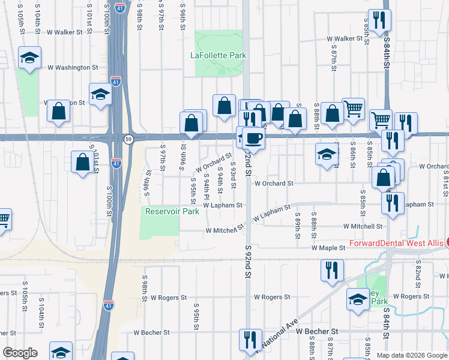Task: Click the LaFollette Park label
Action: (218, 56)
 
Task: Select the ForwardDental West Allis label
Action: (396, 244)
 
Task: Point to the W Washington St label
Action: (72, 68)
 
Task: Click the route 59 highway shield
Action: (128, 139)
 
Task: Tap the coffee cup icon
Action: (253, 138)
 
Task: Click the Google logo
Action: (19, 353)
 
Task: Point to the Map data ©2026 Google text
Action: (411, 355)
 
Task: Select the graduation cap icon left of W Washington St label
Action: (29, 58)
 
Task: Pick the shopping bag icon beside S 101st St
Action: (82, 162)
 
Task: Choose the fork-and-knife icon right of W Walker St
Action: (380, 21)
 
